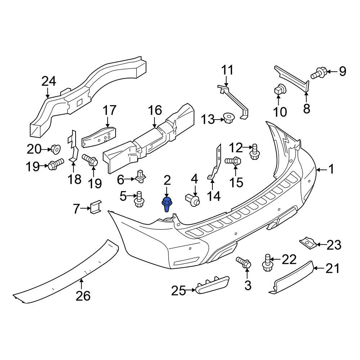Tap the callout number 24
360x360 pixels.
click(49, 82)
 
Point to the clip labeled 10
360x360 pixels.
click(279, 90)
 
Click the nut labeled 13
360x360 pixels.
click(228, 118)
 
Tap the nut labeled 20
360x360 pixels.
click(55, 148)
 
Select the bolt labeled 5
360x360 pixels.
click(139, 199)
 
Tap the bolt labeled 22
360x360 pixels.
click(267, 262)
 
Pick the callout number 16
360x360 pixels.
click(155, 111)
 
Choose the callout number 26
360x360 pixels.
click(83, 296)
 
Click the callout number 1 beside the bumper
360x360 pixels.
click(331, 169)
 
